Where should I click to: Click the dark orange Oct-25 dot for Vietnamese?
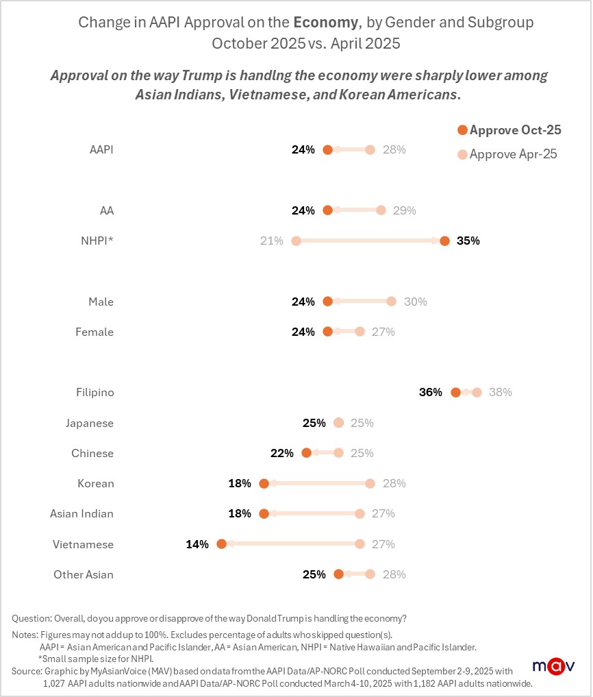tap(221, 544)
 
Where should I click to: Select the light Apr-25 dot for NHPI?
tap(296, 241)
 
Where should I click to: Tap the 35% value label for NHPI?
tap(468, 241)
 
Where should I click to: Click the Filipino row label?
tap(94, 393)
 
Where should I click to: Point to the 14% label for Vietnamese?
tap(197, 544)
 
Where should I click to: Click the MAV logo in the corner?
tap(553, 666)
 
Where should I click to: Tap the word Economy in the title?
tap(330, 22)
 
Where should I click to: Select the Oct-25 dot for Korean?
tap(264, 484)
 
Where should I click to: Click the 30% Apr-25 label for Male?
tap(416, 302)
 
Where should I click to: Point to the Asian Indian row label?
tap(81, 514)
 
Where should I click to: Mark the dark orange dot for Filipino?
tap(455, 393)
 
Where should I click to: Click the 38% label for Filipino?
tap(501, 393)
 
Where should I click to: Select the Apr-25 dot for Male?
tap(391, 302)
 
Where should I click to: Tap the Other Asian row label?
tap(84, 574)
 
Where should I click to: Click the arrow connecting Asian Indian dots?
tap(312, 514)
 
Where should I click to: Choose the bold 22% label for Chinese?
tap(281, 453)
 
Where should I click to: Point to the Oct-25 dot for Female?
tap(327, 332)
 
